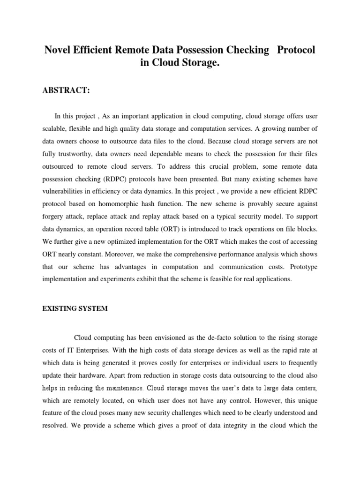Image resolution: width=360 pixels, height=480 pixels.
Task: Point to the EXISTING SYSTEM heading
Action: (x=75, y=308)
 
